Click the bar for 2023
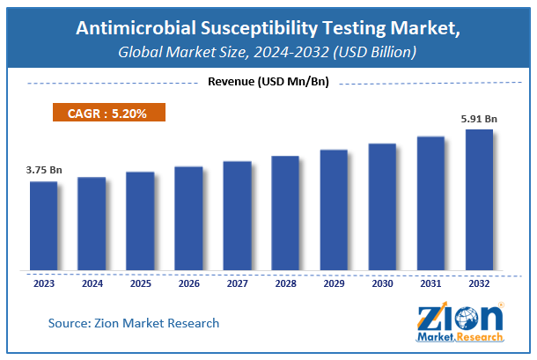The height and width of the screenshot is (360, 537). [43, 226]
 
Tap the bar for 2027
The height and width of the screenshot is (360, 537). [237, 216]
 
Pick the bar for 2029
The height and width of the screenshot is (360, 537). [334, 210]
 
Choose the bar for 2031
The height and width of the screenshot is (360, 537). [430, 203]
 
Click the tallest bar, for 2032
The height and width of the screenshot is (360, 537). [479, 200]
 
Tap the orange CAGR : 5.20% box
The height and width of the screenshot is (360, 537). [106, 113]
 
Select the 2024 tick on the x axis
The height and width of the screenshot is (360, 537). [92, 283]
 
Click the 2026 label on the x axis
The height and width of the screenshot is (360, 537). [188, 283]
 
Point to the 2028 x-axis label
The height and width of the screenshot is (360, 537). [285, 283]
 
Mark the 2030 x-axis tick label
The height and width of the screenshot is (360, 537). [382, 283]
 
